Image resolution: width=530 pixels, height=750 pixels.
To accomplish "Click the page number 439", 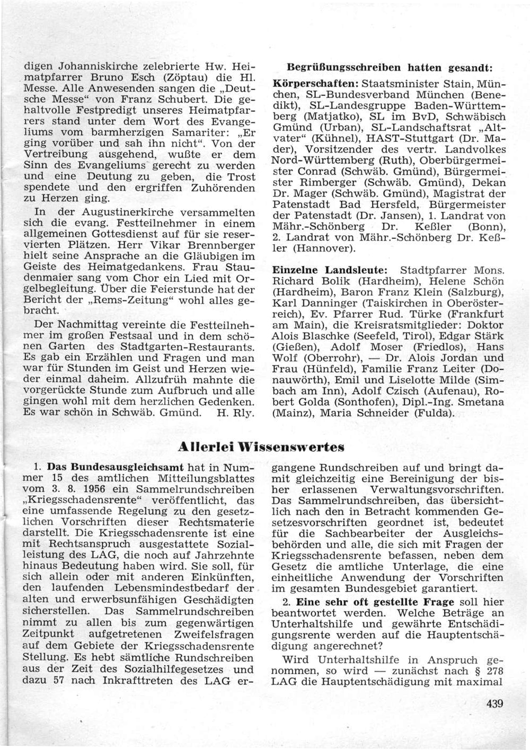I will (x=493, y=704).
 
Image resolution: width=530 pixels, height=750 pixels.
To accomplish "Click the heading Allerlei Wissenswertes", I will (x=261, y=447).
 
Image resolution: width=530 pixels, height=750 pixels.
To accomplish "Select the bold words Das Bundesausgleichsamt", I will (x=116, y=468).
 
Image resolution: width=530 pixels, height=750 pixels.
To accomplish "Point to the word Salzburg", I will (x=476, y=292).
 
